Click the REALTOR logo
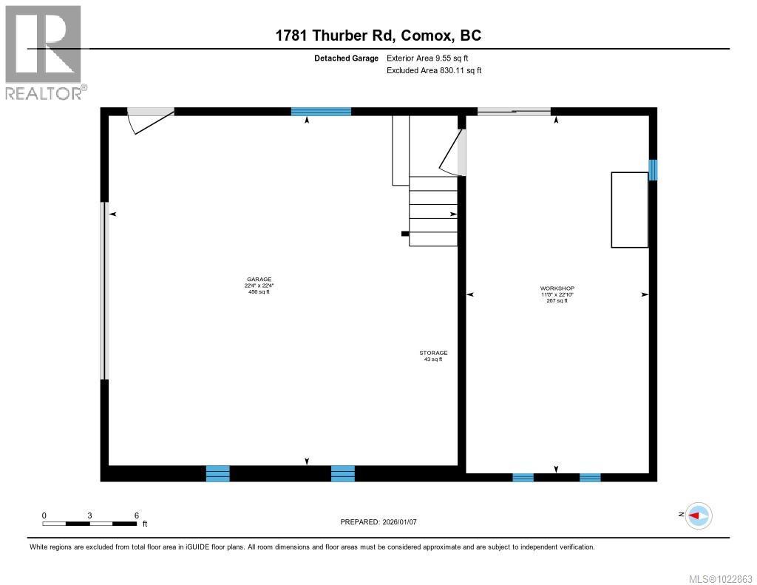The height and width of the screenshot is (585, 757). point(44,53)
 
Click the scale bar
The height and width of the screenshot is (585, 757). point(89,523)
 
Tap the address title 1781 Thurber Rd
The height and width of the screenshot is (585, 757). point(378,35)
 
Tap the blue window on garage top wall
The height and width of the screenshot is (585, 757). point(321,112)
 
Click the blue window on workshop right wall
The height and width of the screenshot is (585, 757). point(653,170)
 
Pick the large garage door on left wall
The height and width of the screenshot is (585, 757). point(104,291)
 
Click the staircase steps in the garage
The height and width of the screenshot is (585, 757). point(433,211)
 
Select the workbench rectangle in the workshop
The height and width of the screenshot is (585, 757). point(629,209)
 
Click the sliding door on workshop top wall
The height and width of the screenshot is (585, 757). point(514,112)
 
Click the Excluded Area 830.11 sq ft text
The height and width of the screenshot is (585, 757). point(434,71)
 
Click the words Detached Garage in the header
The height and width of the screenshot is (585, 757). point(347,58)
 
